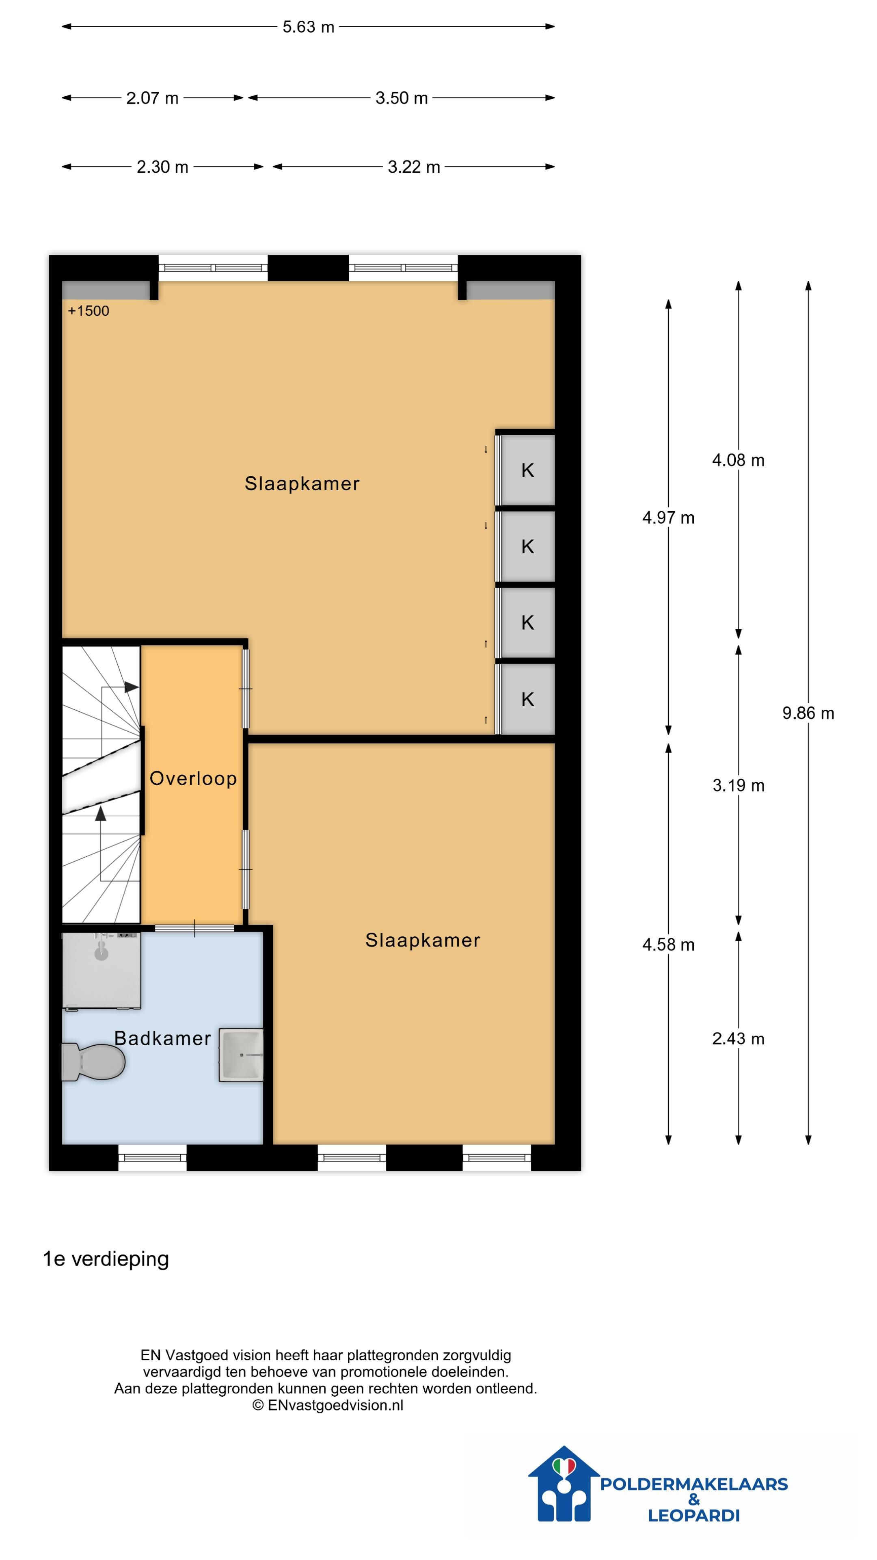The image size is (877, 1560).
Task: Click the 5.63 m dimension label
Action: [308, 27]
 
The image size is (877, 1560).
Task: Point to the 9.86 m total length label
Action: [808, 713]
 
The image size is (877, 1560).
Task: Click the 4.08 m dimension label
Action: [738, 460]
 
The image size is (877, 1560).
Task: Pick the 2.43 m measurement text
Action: [738, 1039]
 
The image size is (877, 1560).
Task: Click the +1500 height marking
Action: [89, 311]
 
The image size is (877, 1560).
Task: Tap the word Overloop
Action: [193, 778]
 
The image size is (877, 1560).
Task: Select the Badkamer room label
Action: [162, 1038]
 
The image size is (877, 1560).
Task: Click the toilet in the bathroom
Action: [94, 1062]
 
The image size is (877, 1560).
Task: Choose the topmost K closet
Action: [527, 470]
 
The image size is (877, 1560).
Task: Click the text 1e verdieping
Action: [105, 1259]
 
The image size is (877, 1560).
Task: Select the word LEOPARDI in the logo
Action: [693, 1516]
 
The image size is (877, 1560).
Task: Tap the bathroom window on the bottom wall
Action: [152, 1157]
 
